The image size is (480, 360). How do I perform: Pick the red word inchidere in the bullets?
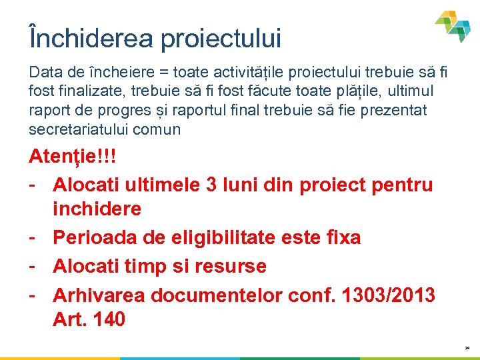[x=97, y=209]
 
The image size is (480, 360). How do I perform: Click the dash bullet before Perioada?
[x=33, y=237]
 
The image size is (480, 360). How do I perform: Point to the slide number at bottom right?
[x=467, y=348]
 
